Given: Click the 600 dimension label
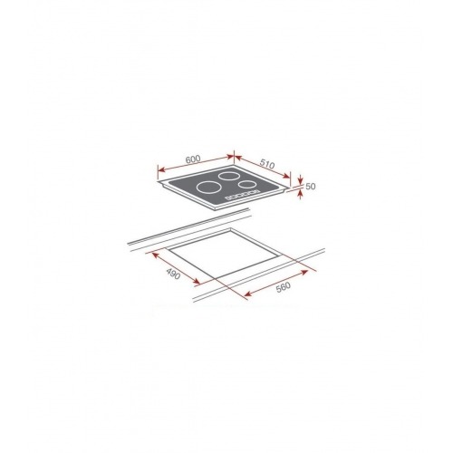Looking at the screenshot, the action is coord(193,159).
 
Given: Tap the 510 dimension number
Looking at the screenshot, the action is coord(267,164).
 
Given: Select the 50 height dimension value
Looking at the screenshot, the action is coord(311,187).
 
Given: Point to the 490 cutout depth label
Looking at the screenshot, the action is coord(173,274).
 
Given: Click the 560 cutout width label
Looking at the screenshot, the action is coord(283,285).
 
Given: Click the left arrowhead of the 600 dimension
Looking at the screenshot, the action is coord(161,171).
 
